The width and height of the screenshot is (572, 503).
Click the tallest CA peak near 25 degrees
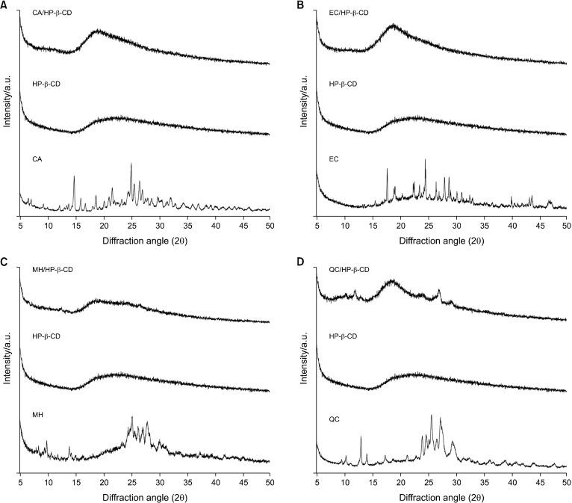pos(131,164)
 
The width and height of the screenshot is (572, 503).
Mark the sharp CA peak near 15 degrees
pos(74,177)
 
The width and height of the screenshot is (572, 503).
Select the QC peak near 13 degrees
pos(361,437)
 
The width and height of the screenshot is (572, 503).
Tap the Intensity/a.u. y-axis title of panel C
pos(7,374)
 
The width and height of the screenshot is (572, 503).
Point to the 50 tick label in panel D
pos(566,484)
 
